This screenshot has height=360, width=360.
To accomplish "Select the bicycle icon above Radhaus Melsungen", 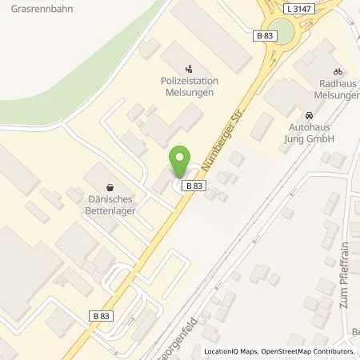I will [337, 70].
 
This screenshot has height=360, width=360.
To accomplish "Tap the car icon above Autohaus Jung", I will [310, 115].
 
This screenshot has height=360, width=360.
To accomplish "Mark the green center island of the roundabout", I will [288, 32].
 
